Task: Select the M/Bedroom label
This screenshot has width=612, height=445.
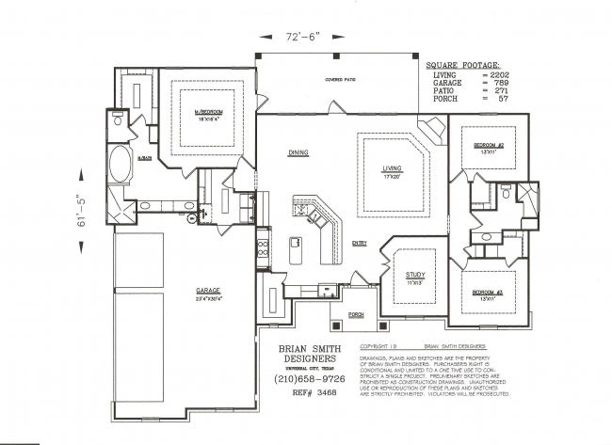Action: coord(208,113)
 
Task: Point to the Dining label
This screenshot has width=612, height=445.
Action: coord(298,152)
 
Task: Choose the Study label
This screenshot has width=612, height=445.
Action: coord(415,275)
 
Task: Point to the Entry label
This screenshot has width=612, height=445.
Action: coord(359,243)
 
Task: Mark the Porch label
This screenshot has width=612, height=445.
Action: coord(356,313)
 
